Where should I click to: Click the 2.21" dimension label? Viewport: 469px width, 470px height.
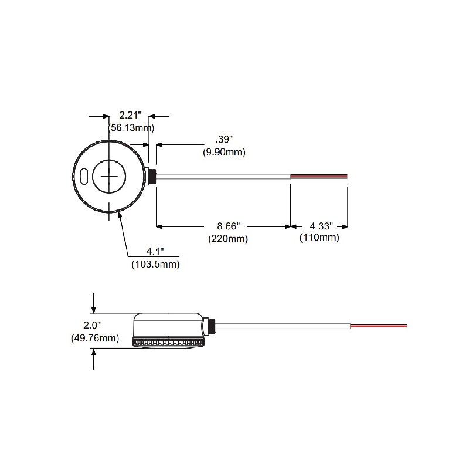click(x=130, y=115)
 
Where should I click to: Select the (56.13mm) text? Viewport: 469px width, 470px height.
click(x=131, y=128)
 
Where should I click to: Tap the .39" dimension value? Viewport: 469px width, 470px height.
click(x=224, y=140)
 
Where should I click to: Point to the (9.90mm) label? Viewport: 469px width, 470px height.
click(x=224, y=153)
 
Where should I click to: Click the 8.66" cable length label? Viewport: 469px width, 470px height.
click(x=229, y=226)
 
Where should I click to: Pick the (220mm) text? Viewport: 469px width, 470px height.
click(x=228, y=239)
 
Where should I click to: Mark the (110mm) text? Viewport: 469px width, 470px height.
click(x=320, y=238)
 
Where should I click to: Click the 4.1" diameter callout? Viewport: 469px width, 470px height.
click(x=155, y=252)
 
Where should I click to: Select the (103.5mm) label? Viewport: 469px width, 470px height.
click(x=156, y=265)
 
